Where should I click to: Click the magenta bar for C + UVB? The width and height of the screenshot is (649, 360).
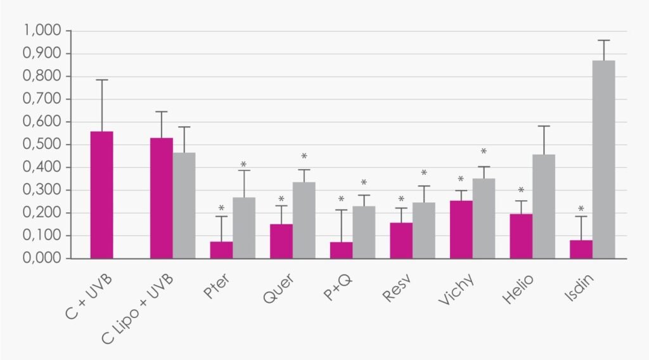(102, 195)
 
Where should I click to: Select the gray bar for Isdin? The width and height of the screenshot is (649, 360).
(603, 160)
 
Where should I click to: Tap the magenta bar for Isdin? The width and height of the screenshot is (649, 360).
(581, 250)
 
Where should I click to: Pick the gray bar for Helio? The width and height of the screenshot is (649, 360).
(544, 207)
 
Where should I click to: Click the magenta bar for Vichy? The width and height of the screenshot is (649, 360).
(461, 229)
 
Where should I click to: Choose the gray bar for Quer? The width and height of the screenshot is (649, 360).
(304, 220)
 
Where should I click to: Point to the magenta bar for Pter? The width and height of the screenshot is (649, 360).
(221, 250)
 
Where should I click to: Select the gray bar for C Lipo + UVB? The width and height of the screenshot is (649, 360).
(184, 205)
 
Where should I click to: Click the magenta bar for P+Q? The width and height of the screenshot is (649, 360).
(342, 250)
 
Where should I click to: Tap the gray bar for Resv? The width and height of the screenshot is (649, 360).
(424, 231)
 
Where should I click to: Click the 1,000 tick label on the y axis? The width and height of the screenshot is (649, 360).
(42, 30)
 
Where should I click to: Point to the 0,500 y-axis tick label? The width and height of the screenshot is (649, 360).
(42, 144)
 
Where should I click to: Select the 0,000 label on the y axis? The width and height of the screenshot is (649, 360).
(42, 258)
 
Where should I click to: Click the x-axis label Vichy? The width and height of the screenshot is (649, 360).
(456, 290)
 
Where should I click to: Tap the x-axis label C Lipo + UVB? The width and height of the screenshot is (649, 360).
(138, 309)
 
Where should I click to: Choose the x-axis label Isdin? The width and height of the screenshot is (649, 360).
(579, 287)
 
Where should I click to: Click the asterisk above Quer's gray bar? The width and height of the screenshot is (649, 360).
(304, 157)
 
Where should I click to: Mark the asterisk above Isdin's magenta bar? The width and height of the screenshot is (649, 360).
(581, 209)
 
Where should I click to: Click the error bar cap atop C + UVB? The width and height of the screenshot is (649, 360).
(102, 80)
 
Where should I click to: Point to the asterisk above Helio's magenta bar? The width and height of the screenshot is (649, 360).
(521, 190)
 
